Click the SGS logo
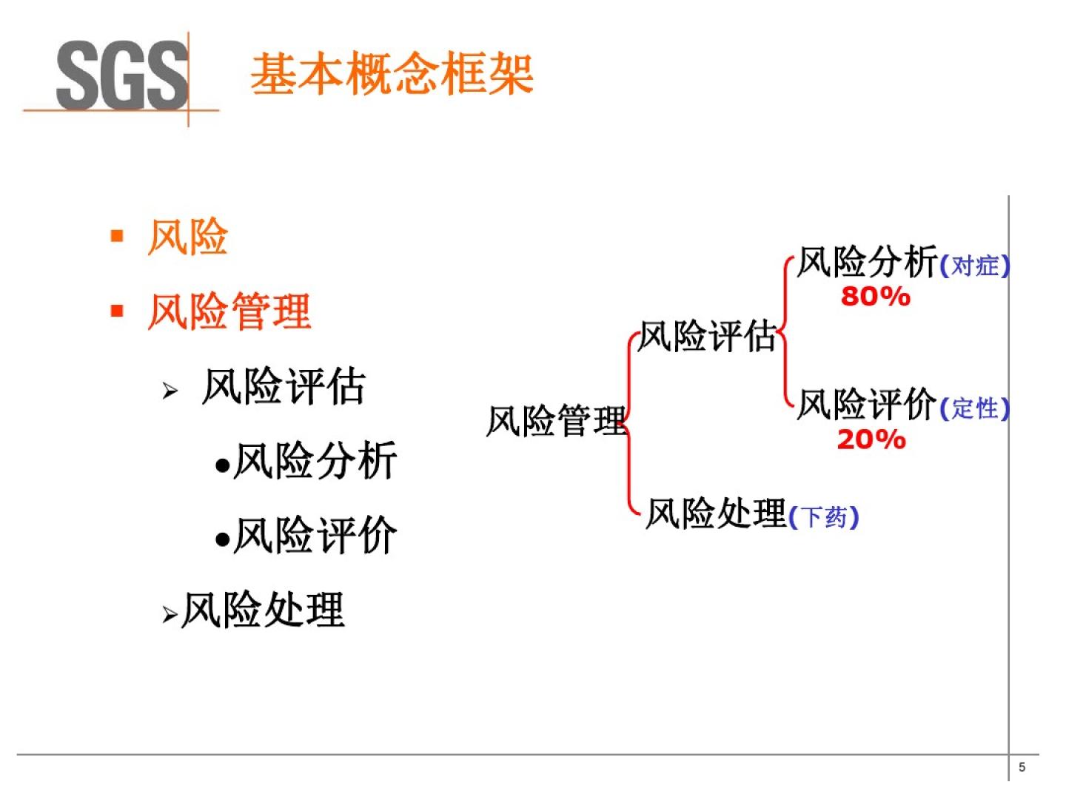[x=122, y=75]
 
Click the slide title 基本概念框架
[x=392, y=74]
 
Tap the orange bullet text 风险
[x=187, y=237]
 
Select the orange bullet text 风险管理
[x=229, y=311]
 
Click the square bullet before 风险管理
[x=117, y=310]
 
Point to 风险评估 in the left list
[x=284, y=386]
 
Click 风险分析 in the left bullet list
[x=315, y=461]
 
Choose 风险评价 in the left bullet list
[x=315, y=535]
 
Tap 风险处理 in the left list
[x=263, y=610]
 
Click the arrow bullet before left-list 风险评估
[x=170, y=390]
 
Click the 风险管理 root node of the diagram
[x=556, y=421]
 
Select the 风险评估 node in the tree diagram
[x=707, y=337]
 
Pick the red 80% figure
[x=875, y=297]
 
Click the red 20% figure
[x=871, y=439]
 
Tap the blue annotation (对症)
[x=974, y=266]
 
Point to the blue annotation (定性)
[x=974, y=408]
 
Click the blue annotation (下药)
[x=824, y=517]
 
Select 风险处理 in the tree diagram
[x=715, y=513]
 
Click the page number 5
[x=1022, y=767]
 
